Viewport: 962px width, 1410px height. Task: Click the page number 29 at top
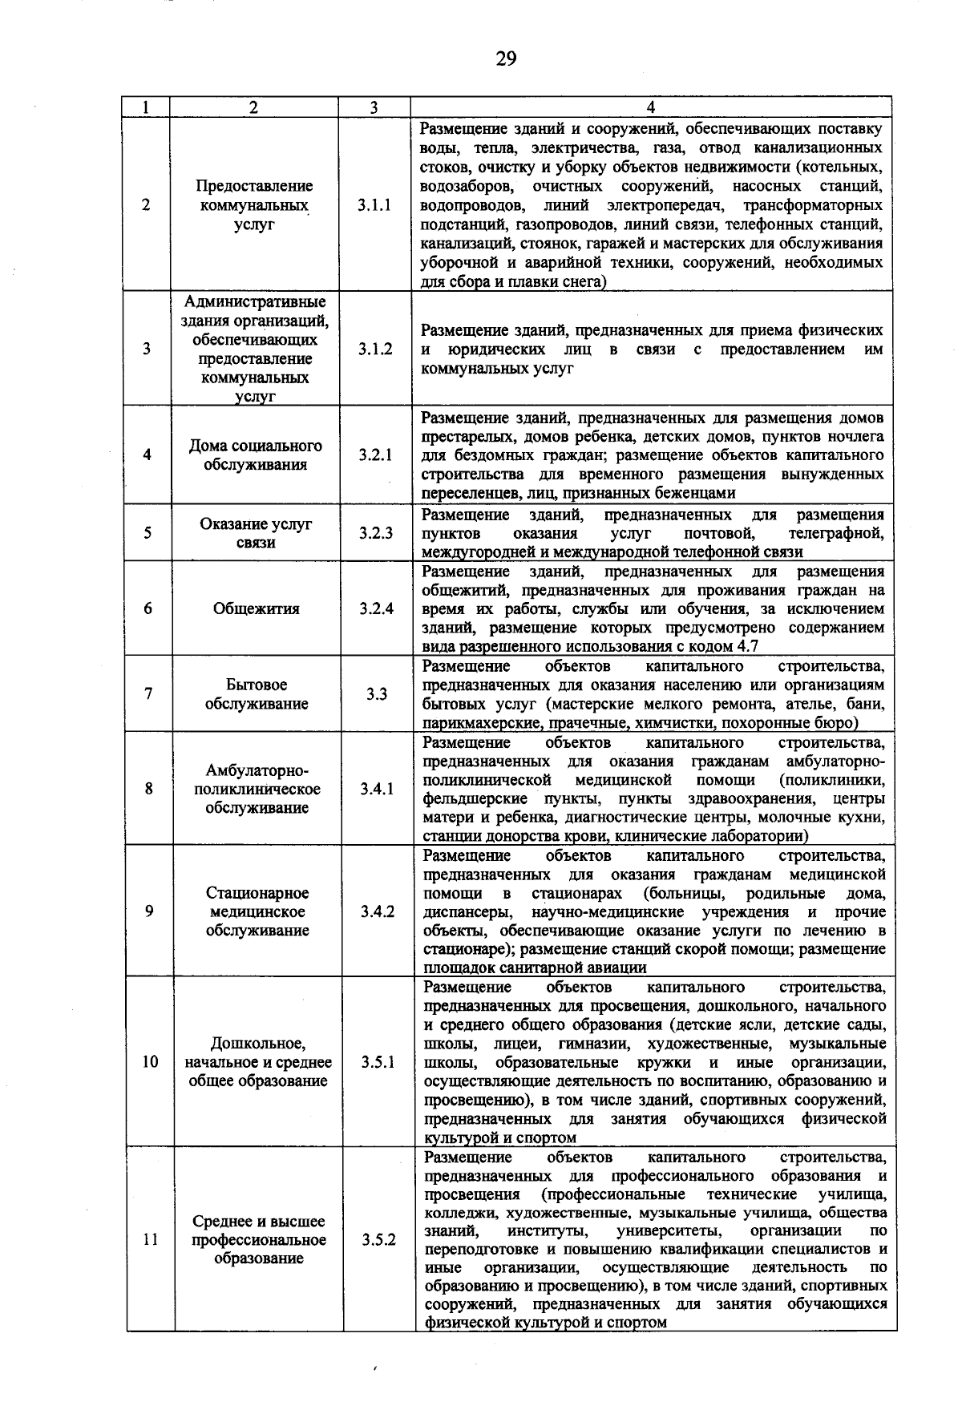[506, 59]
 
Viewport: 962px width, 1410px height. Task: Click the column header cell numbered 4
[650, 107]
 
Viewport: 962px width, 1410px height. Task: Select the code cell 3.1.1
[375, 205]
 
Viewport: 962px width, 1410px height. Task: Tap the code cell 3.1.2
[375, 349]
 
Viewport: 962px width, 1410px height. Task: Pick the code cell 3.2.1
[375, 455]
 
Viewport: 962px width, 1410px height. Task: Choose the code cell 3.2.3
[376, 533]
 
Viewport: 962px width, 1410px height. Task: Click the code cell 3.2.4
[376, 608]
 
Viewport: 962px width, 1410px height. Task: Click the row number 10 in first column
[150, 1063]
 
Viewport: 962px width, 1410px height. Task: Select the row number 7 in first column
[148, 695]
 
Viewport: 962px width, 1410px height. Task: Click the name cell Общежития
[256, 608]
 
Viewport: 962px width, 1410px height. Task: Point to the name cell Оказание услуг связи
[256, 533]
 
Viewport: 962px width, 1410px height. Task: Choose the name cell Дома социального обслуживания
[256, 455]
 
